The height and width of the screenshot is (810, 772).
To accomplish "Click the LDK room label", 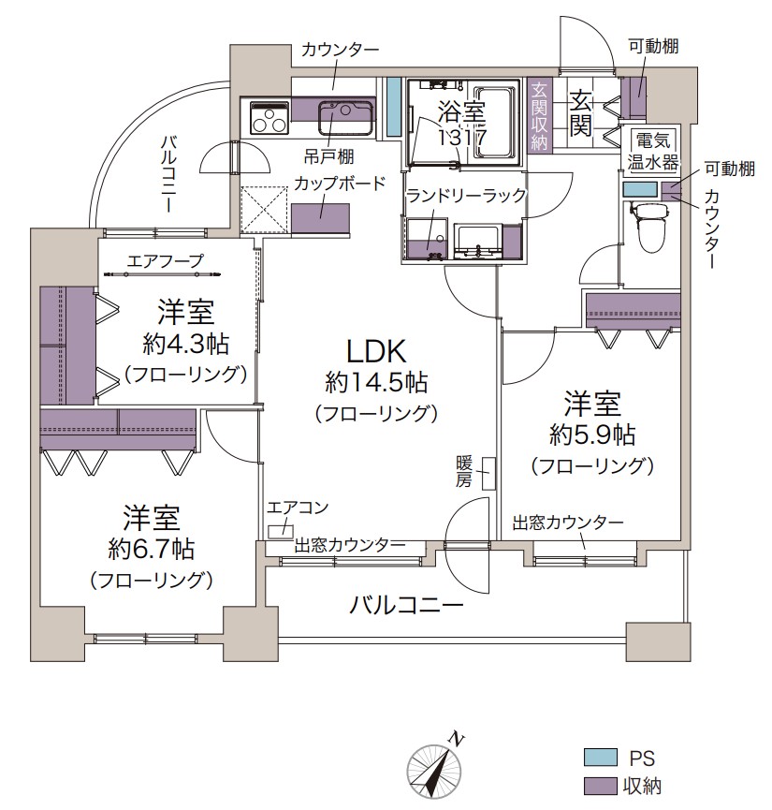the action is [376, 352].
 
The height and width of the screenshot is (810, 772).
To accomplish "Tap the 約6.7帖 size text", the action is [151, 549].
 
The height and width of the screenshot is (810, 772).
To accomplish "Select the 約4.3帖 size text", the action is [186, 344].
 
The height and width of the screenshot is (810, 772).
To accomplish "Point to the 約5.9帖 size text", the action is [592, 435].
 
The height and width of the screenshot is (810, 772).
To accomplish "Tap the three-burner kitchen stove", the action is [269, 118].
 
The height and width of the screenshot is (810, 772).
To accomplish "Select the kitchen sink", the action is [345, 118].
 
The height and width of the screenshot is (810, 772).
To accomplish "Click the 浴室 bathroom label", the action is [461, 111].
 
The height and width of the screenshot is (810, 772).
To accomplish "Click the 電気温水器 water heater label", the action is [653, 152].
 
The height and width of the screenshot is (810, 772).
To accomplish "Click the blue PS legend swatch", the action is [600, 758].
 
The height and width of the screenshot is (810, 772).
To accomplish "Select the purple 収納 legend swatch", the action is [600, 786].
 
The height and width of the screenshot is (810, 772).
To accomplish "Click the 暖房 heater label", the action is [464, 471].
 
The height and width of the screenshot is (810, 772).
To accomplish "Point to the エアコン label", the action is [298, 508].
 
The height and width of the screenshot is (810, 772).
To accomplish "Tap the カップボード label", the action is [341, 184].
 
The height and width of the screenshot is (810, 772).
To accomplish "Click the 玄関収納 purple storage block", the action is [540, 114].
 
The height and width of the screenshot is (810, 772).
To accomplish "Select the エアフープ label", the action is [166, 261].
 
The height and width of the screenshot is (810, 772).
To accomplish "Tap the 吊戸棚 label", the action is [328, 156].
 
